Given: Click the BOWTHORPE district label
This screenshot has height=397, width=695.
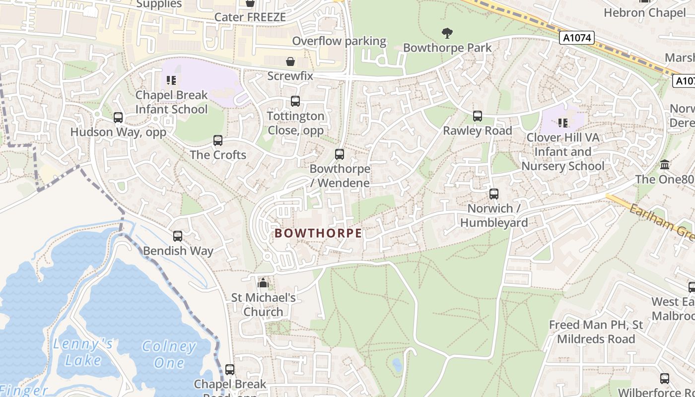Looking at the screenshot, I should [x=318, y=233].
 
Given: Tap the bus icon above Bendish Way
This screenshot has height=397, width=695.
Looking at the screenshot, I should [x=178, y=236].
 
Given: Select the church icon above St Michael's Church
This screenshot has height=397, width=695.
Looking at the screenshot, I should [x=263, y=283].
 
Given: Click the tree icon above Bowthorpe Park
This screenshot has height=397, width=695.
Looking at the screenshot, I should [x=447, y=33].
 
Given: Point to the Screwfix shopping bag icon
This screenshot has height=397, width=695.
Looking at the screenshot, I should [x=290, y=62].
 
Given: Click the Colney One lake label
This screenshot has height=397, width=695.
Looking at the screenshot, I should [x=169, y=354].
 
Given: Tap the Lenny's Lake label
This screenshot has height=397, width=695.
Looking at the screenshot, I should [x=83, y=352].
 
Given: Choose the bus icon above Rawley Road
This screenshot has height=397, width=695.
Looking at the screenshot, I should [x=478, y=116].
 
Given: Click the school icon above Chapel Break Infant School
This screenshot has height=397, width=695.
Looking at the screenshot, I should [x=171, y=80].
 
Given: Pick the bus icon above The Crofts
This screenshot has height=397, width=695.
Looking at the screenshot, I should [x=218, y=140].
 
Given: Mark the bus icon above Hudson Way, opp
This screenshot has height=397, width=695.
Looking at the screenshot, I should [x=118, y=118].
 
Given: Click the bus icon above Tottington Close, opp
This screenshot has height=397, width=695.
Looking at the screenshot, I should [x=295, y=101].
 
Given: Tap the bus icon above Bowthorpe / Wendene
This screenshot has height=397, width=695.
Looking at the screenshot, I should [x=340, y=154].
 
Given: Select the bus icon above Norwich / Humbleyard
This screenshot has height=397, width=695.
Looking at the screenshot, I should [x=493, y=194].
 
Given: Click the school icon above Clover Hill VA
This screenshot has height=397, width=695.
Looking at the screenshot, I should [x=562, y=123].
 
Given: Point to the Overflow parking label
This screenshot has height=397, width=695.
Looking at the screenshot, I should [x=339, y=41].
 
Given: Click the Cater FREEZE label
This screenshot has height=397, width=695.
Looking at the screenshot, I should [x=250, y=17].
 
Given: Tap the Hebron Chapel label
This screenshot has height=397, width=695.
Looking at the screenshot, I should [x=644, y=12].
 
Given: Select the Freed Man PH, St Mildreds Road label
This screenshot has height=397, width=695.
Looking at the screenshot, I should [x=596, y=332].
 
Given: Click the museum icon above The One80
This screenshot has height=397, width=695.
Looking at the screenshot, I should [x=665, y=164].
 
